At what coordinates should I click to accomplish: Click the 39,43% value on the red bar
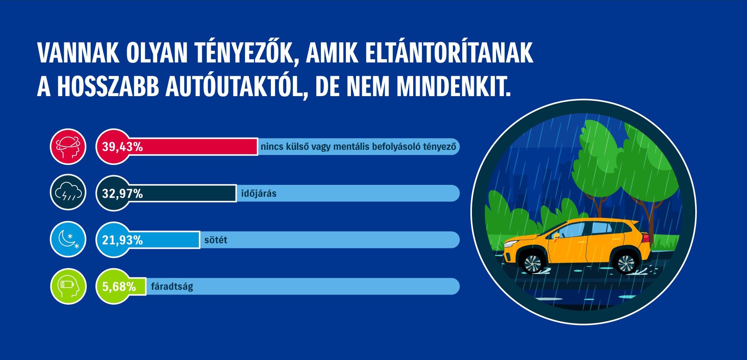tap(122, 147)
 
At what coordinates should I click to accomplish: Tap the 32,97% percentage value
tap(122, 193)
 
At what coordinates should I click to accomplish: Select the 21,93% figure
tap(122, 240)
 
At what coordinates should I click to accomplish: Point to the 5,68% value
tap(119, 287)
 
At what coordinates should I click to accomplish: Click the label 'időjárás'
tap(259, 193)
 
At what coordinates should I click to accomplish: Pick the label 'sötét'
tap(216, 240)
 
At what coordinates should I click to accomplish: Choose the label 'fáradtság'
tap(172, 287)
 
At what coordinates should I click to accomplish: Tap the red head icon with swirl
tap(68, 147)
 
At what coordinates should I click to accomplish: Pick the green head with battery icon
tap(68, 286)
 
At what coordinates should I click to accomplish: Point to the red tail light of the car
tap(646, 237)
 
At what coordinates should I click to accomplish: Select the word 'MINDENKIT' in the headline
tap(453, 86)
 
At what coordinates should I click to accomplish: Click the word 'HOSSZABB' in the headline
tap(108, 86)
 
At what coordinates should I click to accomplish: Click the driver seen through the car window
tap(557, 236)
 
